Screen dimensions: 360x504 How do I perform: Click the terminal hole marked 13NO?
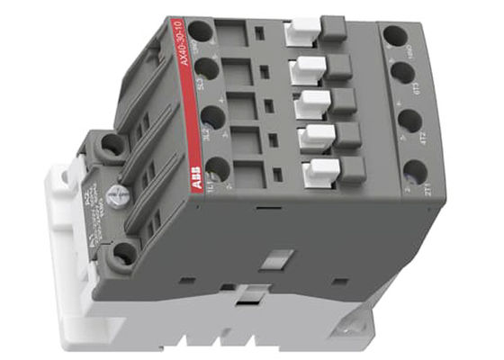click(200, 29)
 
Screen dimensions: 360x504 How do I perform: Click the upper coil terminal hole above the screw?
click(112, 144)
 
